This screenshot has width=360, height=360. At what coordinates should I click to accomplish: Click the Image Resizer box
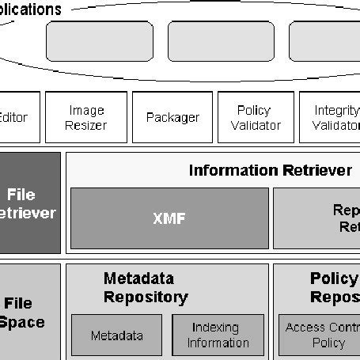click(86, 117)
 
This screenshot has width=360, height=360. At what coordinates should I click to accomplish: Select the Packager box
click(172, 117)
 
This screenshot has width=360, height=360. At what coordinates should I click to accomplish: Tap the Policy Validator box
click(254, 117)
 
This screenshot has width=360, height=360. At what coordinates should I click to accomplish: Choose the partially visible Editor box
click(17, 117)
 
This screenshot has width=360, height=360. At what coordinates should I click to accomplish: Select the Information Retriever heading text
click(270, 170)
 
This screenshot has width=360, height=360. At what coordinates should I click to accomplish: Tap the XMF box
click(169, 218)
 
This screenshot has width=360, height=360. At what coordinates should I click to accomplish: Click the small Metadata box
click(116, 335)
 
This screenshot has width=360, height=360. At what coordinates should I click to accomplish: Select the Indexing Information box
click(218, 335)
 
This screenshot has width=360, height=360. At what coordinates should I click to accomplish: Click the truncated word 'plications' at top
click(32, 9)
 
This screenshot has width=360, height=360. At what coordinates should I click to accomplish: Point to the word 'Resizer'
click(86, 125)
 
